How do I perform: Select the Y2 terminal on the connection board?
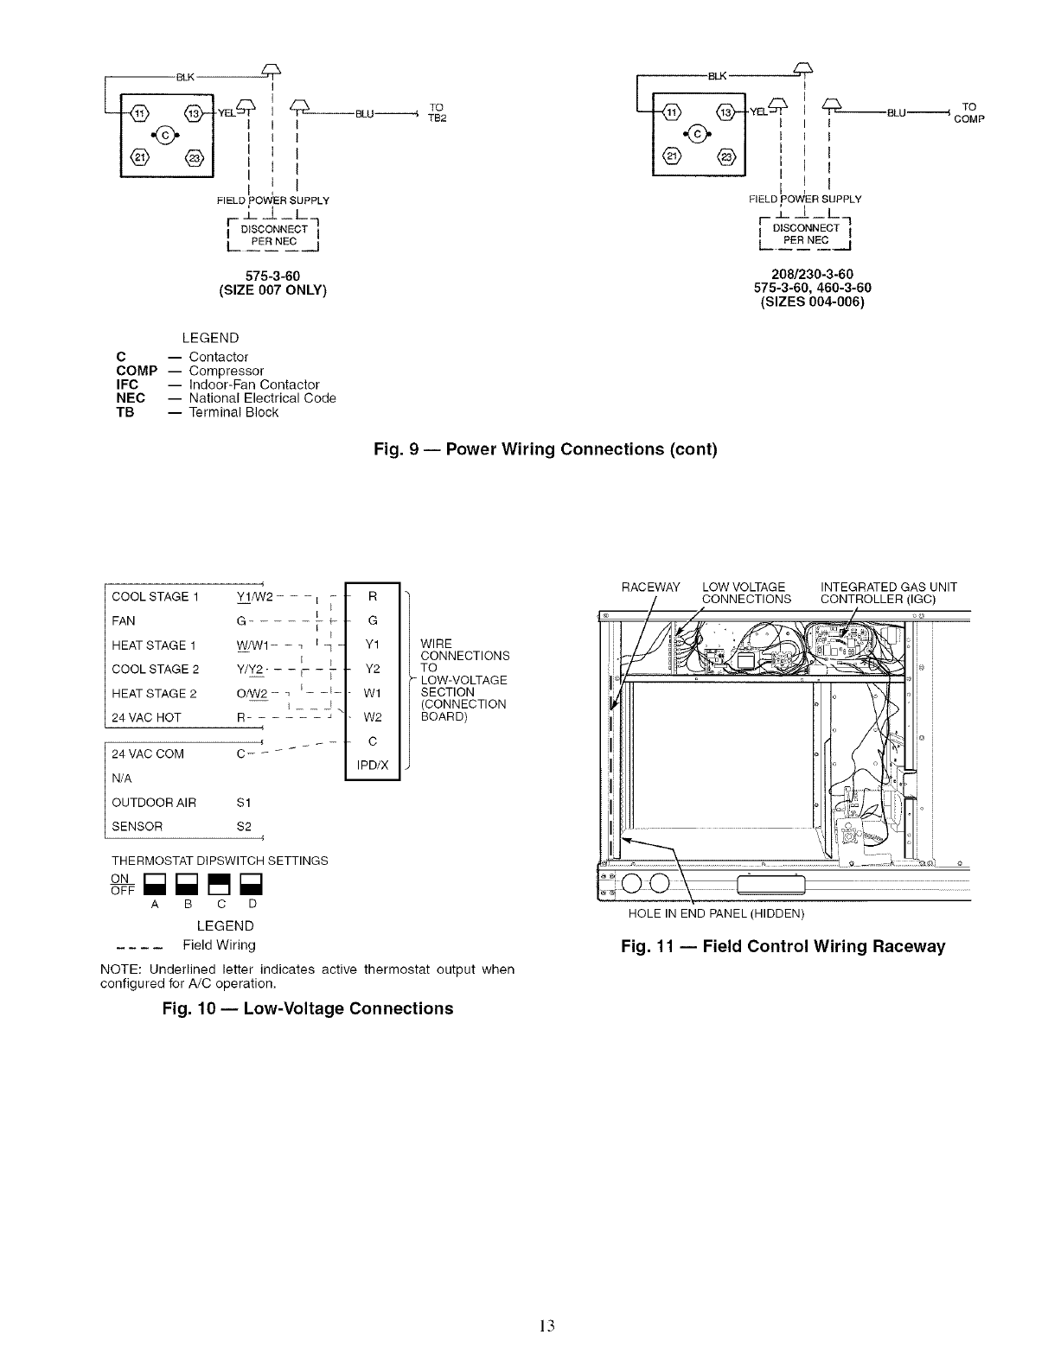pyautogui.click(x=372, y=668)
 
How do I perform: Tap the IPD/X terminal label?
pyautogui.click(x=372, y=765)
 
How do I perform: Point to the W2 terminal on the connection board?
pyautogui.click(x=372, y=716)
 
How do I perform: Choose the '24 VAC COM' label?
pyautogui.click(x=148, y=753)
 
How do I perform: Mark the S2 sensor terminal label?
pyautogui.click(x=243, y=826)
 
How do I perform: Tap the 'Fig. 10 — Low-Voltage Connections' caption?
pyautogui.click(x=307, y=1008)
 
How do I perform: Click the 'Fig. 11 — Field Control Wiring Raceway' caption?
pyautogui.click(x=783, y=946)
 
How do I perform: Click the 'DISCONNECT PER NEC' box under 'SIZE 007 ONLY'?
pyautogui.click(x=273, y=235)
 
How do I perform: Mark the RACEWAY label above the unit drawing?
pyautogui.click(x=651, y=588)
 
